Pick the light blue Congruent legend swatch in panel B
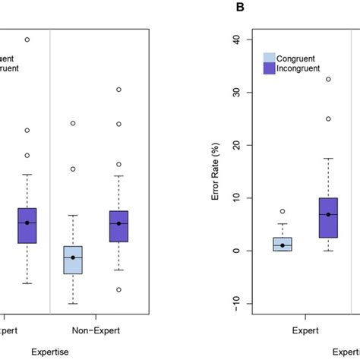tap(269, 58)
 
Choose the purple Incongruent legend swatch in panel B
tap(269, 68)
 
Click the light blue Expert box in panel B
tap(283, 244)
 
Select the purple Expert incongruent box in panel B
tap(328, 218)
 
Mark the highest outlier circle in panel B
tap(328, 79)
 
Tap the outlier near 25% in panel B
tap(328, 118)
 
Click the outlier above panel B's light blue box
tap(283, 211)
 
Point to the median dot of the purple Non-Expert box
tap(118, 223)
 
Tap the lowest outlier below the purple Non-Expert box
tap(118, 289)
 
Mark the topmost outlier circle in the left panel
tap(27, 39)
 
